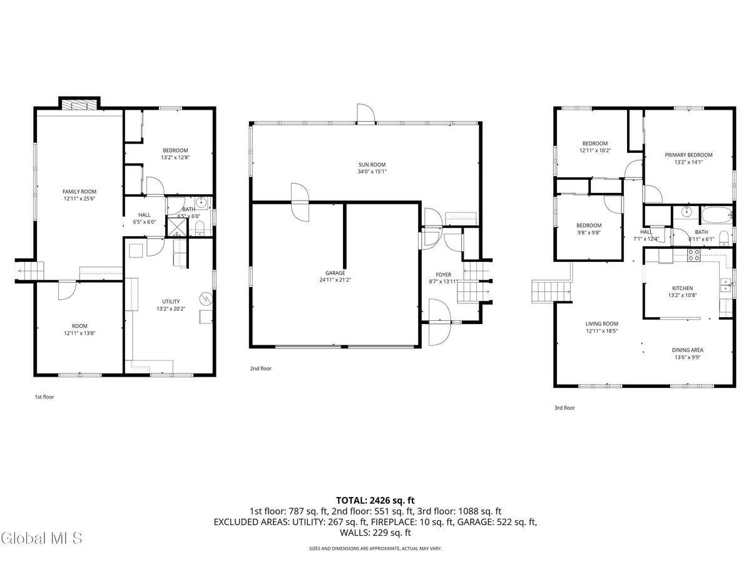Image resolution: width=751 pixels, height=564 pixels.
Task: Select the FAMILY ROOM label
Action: pyautogui.click(x=79, y=191)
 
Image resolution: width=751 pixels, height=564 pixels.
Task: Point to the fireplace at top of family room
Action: pyautogui.click(x=79, y=104)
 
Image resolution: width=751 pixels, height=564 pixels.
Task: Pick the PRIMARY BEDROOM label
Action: pyautogui.click(x=688, y=155)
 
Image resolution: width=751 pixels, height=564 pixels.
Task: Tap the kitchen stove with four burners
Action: pyautogui.click(x=694, y=254)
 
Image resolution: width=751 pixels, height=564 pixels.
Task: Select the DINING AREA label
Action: pyautogui.click(x=687, y=350)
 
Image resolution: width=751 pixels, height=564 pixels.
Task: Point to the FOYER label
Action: pyautogui.click(x=443, y=274)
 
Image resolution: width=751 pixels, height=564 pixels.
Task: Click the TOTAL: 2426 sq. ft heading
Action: pyautogui.click(x=375, y=500)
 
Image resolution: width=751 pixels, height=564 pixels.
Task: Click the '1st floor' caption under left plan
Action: pyautogui.click(x=44, y=397)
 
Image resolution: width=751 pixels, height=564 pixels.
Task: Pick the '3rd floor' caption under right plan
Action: pyautogui.click(x=564, y=407)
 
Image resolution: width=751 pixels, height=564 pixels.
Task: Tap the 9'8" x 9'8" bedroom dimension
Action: pyautogui.click(x=588, y=233)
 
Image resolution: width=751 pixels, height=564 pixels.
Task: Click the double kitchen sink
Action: pyautogui.click(x=725, y=285)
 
